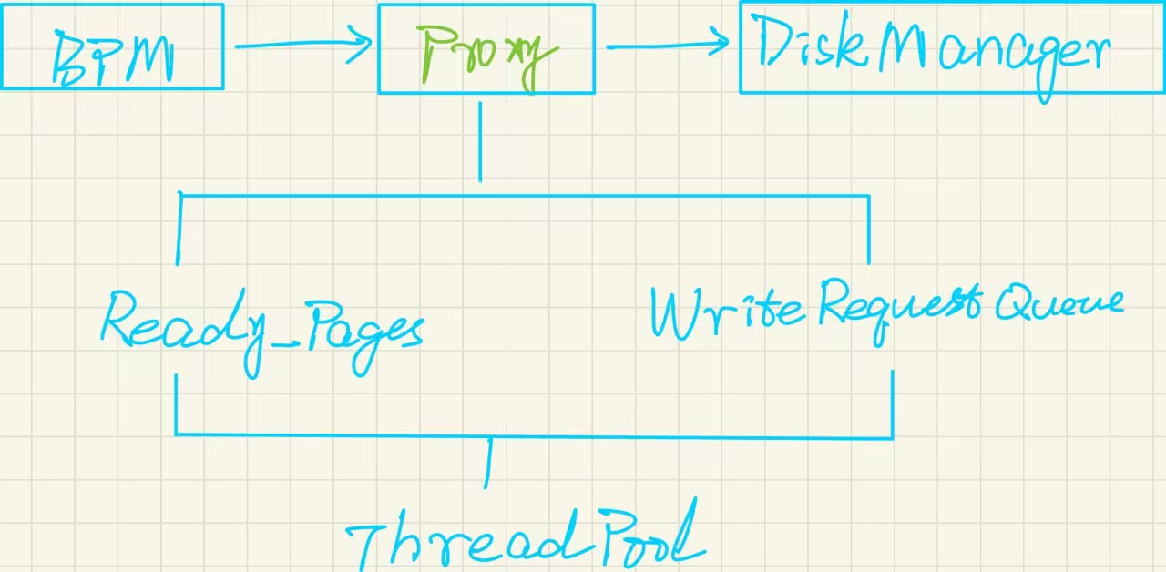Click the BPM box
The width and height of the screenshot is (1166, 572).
(111, 46)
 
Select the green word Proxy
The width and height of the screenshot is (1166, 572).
(486, 55)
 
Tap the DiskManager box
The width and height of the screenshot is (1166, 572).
(951, 47)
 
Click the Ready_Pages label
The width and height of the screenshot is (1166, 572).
(262, 330)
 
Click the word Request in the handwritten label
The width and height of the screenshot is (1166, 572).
(900, 307)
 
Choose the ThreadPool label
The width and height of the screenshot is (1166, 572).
(527, 539)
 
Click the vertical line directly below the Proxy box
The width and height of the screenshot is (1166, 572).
(480, 141)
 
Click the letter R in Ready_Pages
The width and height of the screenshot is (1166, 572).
(121, 319)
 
